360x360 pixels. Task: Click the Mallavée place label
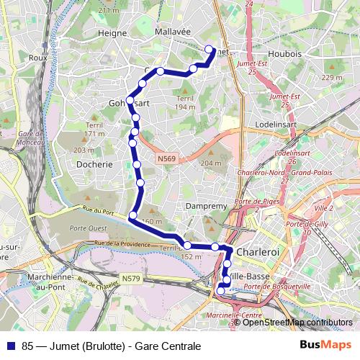point(173,32)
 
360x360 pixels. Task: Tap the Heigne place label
point(112,32)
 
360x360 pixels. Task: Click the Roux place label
point(37,57)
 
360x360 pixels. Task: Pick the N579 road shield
point(130,278)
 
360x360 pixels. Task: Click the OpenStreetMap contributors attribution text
point(297,322)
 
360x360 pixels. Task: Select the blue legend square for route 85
point(9,346)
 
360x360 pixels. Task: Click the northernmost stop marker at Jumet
point(210,50)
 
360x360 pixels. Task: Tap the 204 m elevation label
point(210,163)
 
